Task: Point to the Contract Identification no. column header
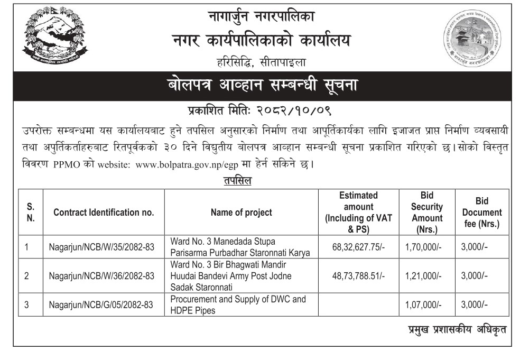(x=104, y=213)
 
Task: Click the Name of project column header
(x=241, y=213)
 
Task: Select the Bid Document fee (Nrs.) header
(x=481, y=213)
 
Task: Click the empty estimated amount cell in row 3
(x=359, y=305)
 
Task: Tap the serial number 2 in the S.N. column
(x=26, y=275)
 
